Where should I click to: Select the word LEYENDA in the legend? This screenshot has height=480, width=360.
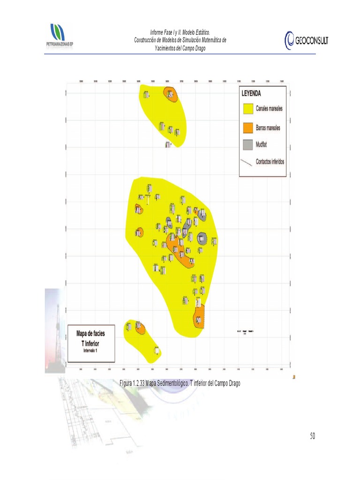[251, 93]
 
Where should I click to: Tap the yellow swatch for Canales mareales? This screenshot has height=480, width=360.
[247, 109]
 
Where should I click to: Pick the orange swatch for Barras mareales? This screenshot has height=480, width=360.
[247, 127]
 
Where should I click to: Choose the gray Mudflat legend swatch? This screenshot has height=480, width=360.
[247, 145]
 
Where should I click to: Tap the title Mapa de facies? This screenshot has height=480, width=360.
[91, 333]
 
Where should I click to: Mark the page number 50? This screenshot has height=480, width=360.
[312, 436]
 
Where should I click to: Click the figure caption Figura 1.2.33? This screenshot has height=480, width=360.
[132, 383]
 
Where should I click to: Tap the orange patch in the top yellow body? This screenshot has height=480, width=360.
[170, 94]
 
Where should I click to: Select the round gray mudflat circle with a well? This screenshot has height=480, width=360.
[202, 239]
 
